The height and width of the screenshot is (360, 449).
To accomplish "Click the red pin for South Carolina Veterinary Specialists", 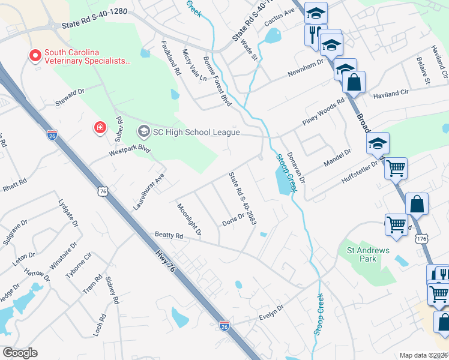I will coord(35,56).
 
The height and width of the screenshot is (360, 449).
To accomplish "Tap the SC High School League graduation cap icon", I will coord(143,130).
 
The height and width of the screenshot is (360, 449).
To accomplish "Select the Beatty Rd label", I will coord(168,236).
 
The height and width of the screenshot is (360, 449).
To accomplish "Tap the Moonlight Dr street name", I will coord(189,218).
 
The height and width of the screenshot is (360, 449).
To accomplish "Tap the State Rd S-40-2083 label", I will coord(242,199).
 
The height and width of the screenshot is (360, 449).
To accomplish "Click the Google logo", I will coord(20,353).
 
